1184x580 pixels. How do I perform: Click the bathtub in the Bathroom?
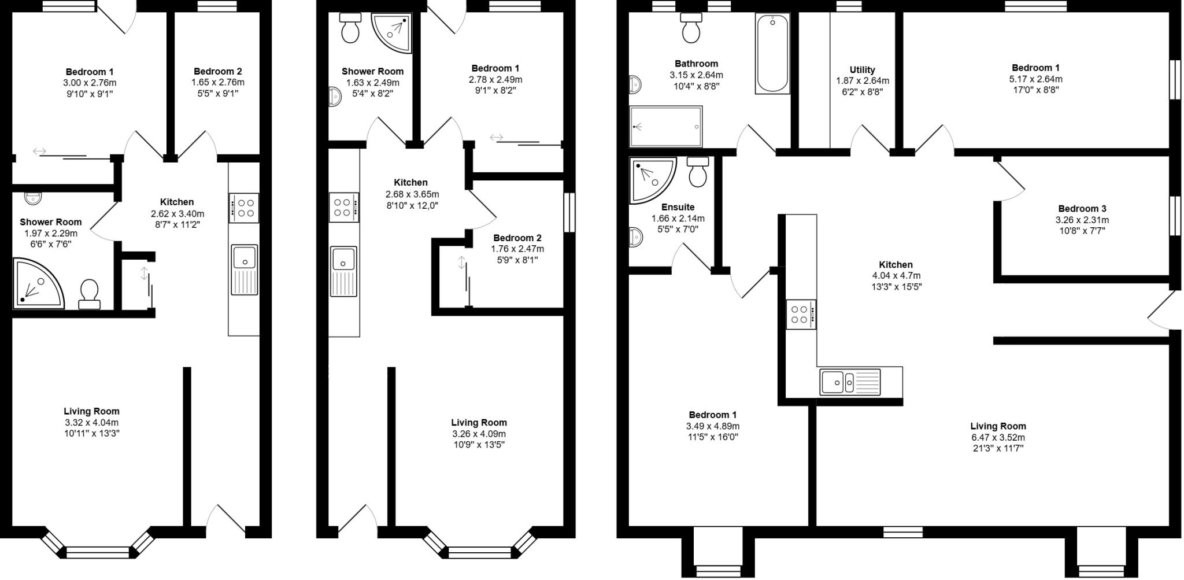click(x=772, y=53)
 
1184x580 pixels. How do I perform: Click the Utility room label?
click(x=862, y=70)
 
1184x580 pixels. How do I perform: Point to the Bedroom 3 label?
click(x=1082, y=209)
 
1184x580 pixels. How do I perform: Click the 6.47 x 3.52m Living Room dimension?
click(x=998, y=438)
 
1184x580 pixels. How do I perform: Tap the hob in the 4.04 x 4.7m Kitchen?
click(x=801, y=314)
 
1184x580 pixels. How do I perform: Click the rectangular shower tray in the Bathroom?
click(x=665, y=127)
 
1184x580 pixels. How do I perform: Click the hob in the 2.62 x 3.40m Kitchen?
click(x=243, y=208)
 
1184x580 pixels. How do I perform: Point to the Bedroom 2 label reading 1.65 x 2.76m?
click(x=218, y=71)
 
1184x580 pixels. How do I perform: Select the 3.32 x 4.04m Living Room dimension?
click(x=91, y=423)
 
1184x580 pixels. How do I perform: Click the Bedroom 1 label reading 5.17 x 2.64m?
click(x=1035, y=68)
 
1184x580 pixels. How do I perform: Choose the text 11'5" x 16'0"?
click(x=712, y=437)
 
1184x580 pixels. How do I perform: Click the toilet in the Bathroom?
click(x=691, y=28)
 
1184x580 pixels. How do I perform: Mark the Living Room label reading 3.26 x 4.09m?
click(x=479, y=423)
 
